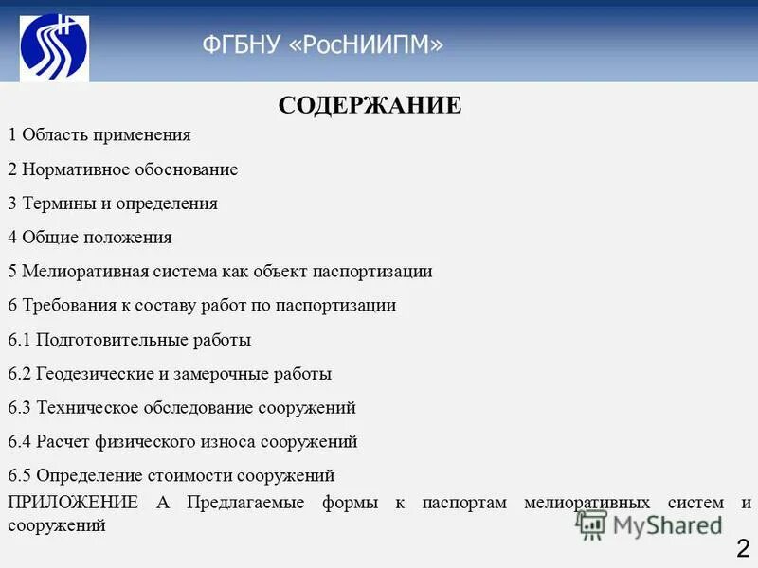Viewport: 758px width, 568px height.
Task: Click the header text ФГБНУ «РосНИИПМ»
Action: click(322, 44)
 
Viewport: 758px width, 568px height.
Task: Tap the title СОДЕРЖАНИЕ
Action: click(370, 105)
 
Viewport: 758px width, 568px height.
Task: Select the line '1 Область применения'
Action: click(99, 135)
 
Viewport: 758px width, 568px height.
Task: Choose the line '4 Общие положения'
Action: click(90, 238)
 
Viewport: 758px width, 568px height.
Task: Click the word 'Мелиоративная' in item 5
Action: click(81, 272)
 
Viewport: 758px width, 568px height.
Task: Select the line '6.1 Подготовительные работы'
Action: click(129, 340)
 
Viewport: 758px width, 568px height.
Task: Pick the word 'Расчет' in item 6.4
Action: click(62, 442)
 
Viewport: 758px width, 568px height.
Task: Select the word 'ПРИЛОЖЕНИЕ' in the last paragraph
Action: click(72, 503)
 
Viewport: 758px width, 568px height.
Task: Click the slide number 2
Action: click(743, 547)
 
